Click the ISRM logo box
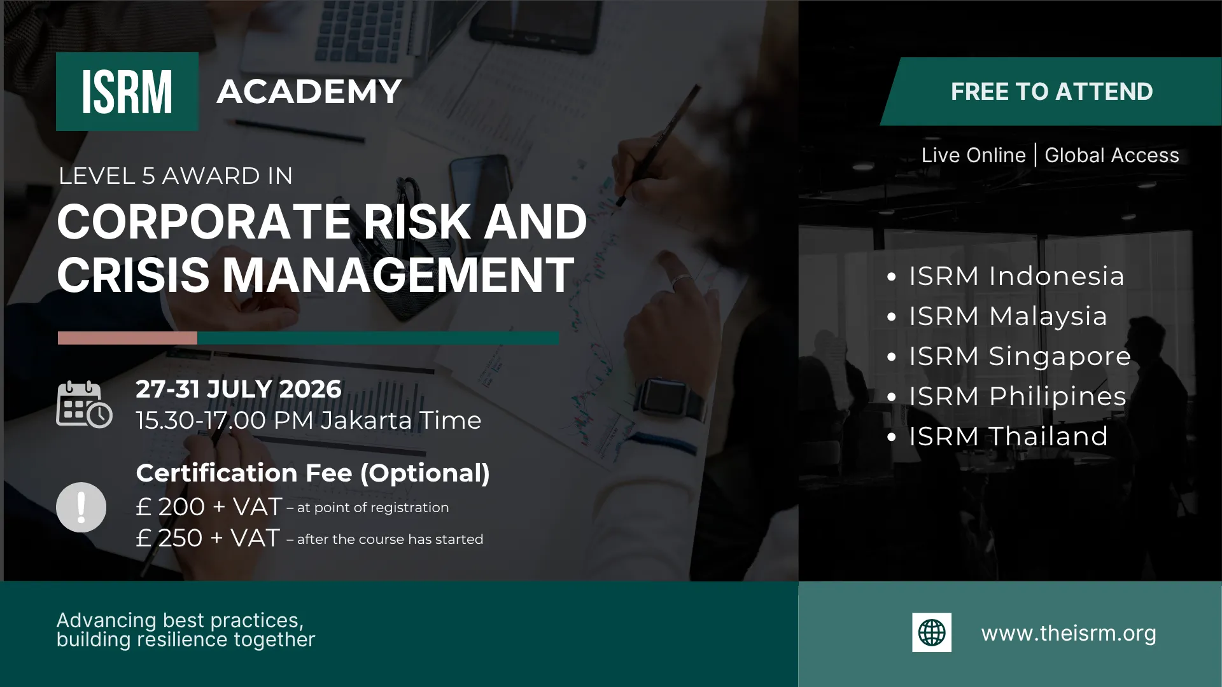tap(127, 92)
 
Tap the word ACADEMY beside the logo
tap(309, 92)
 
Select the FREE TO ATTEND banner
tap(1051, 92)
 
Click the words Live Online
tap(973, 155)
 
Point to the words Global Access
tap(1112, 155)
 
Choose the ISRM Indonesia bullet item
tap(1006, 276)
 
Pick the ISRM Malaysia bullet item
tap(997, 316)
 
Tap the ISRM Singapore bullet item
tap(1009, 356)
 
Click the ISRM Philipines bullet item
tap(1007, 396)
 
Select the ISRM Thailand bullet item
tap(998, 436)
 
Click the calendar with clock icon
tap(84, 405)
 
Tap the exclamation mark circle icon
tap(81, 507)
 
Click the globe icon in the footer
tap(932, 632)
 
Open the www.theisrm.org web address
tap(1069, 634)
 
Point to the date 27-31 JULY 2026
tap(239, 389)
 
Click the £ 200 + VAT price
tap(209, 507)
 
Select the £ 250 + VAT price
tap(207, 538)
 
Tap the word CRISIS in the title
tap(134, 275)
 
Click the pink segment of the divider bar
tap(127, 338)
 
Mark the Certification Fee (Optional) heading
tap(313, 473)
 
